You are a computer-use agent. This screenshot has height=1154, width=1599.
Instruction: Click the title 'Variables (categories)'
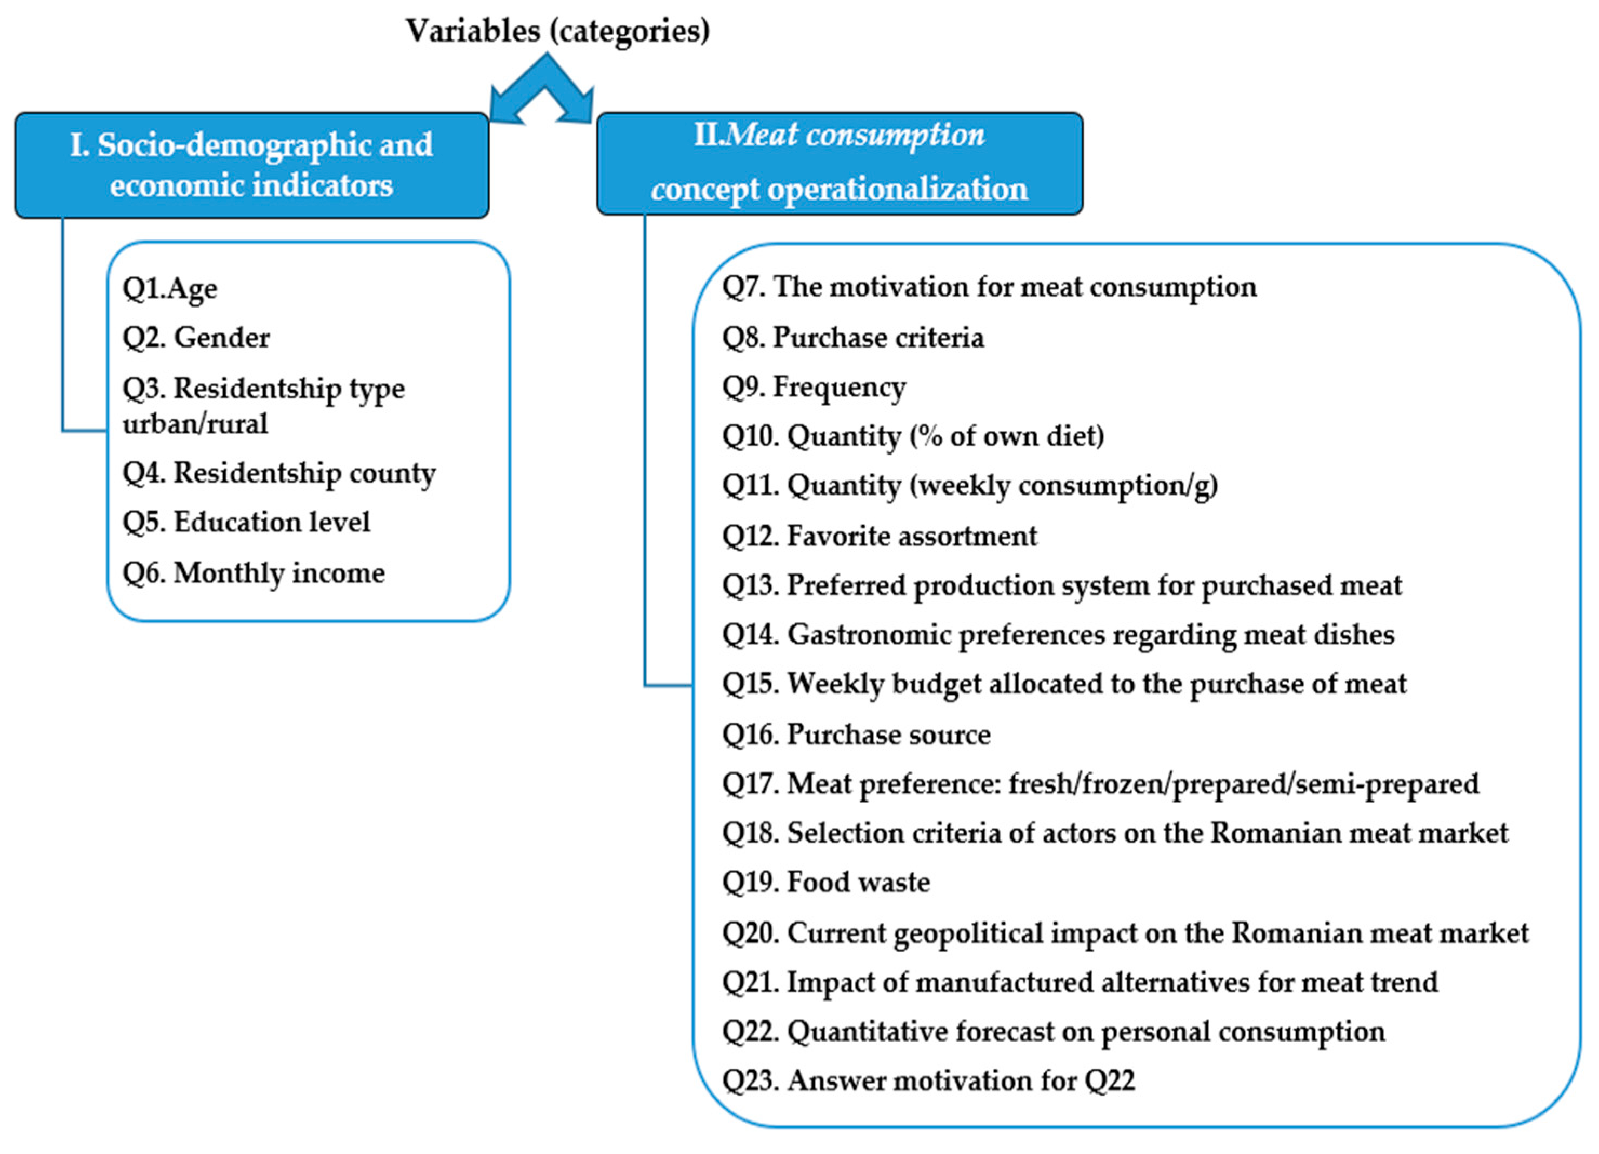coord(557,31)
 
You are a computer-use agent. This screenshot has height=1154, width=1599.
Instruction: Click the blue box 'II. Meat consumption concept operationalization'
coord(839,163)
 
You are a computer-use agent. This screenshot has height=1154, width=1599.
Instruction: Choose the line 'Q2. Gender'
coord(196,338)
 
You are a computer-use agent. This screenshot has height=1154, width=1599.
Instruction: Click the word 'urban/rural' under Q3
coord(195,424)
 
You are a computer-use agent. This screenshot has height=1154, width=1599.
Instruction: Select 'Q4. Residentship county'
coord(279,473)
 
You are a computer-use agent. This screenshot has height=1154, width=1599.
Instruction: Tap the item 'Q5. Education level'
coord(246,522)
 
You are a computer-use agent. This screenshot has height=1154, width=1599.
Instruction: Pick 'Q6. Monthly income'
coord(254,572)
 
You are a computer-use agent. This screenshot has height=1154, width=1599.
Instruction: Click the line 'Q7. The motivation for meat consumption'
coord(989,288)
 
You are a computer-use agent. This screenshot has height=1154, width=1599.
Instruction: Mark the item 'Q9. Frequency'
coord(814,387)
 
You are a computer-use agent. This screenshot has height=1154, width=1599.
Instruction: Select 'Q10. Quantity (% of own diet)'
coord(912,436)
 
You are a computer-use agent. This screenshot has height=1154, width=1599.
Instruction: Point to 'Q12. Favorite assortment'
coord(879,536)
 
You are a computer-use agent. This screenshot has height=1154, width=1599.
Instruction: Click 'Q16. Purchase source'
coord(856,735)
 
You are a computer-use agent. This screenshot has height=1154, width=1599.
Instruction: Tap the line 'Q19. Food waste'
coord(825,883)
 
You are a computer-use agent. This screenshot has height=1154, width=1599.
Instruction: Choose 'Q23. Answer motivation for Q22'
coord(928,1080)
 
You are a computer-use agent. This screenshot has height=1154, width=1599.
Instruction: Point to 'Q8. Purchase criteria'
coord(852,338)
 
